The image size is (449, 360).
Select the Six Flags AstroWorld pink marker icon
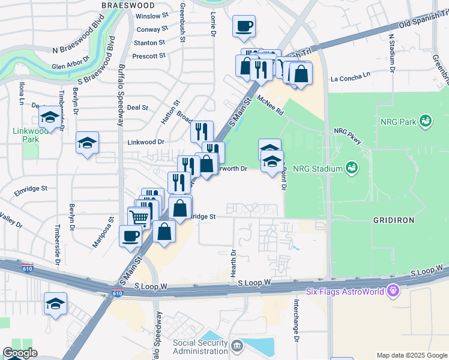click(x=393, y=290)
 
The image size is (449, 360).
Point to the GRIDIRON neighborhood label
click(x=393, y=220)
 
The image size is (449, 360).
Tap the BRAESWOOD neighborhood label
click(x=124, y=5)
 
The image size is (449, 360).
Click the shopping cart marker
click(x=139, y=218)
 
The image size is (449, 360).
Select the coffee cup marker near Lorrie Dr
click(x=244, y=26)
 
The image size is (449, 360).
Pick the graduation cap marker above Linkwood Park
click(x=50, y=116)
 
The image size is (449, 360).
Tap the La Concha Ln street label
click(x=351, y=78)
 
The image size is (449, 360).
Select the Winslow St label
click(x=152, y=16)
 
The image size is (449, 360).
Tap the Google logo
click(x=20, y=353)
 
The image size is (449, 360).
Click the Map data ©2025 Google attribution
click(x=411, y=355)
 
